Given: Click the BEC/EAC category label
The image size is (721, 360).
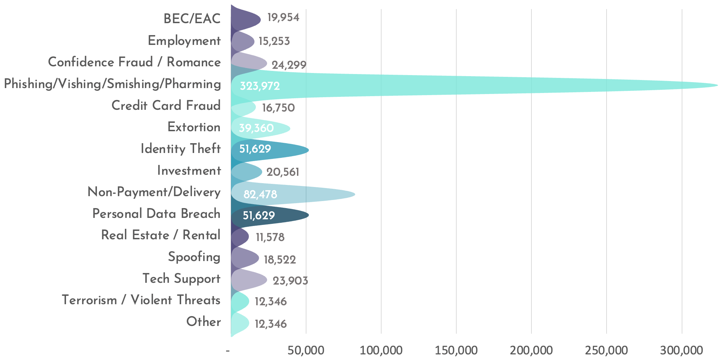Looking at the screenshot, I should click(x=192, y=19).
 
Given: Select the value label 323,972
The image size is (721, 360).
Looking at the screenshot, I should click(x=260, y=86).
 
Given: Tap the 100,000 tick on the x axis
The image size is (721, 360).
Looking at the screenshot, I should click(x=381, y=350).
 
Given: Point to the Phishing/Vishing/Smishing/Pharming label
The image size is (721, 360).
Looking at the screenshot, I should click(x=112, y=84).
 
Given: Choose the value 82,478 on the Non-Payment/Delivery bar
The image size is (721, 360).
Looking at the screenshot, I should click(x=260, y=194).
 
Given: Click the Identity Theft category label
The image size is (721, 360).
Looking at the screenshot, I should click(x=180, y=149).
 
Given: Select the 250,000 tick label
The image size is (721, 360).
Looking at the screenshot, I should click(x=607, y=350).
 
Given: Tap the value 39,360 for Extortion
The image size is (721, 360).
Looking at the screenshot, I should click(x=256, y=128).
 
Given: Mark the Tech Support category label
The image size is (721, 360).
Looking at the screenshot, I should click(x=181, y=279).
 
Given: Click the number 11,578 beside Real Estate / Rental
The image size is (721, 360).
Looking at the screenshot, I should click(x=270, y=238).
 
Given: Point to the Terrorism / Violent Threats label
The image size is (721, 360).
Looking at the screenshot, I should click(x=141, y=300).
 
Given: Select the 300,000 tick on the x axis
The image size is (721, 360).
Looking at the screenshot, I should click(x=682, y=350).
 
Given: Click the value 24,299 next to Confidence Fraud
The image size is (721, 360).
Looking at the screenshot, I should click(x=289, y=65).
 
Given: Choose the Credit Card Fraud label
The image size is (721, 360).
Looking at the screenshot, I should click(x=166, y=106).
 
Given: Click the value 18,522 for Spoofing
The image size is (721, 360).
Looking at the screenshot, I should click(x=280, y=260).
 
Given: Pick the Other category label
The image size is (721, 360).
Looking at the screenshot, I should click(x=204, y=322).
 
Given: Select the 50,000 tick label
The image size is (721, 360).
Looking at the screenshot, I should click(x=306, y=350).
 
